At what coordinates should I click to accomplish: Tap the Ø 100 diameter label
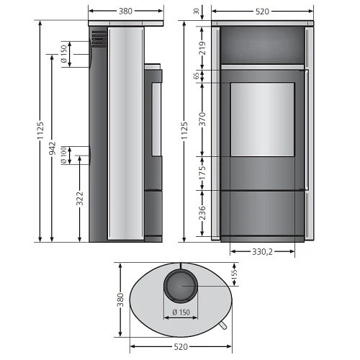(65, 156)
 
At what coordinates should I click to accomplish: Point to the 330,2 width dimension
(262, 253)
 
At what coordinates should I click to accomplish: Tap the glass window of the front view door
(262, 120)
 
